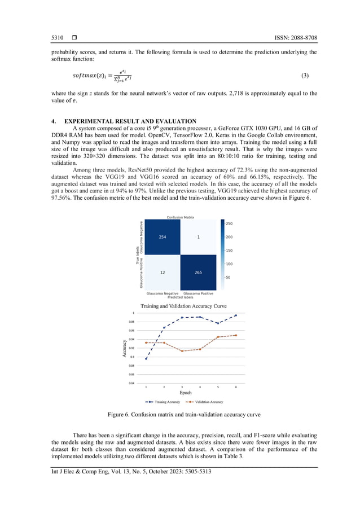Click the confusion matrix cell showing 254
coord(162,238)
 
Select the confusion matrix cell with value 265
coord(198,273)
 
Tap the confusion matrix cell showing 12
coord(162,273)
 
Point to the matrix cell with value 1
coord(198,238)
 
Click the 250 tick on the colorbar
coord(229,224)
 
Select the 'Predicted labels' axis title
coord(180,297)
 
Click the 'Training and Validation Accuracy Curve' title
coord(180,305)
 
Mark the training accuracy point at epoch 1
coord(146,359)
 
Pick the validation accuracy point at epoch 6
coord(236,335)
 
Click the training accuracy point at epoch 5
coord(218,323)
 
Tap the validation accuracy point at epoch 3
coord(182,351)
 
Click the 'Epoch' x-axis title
coord(186,393)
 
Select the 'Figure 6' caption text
coord(180,415)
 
